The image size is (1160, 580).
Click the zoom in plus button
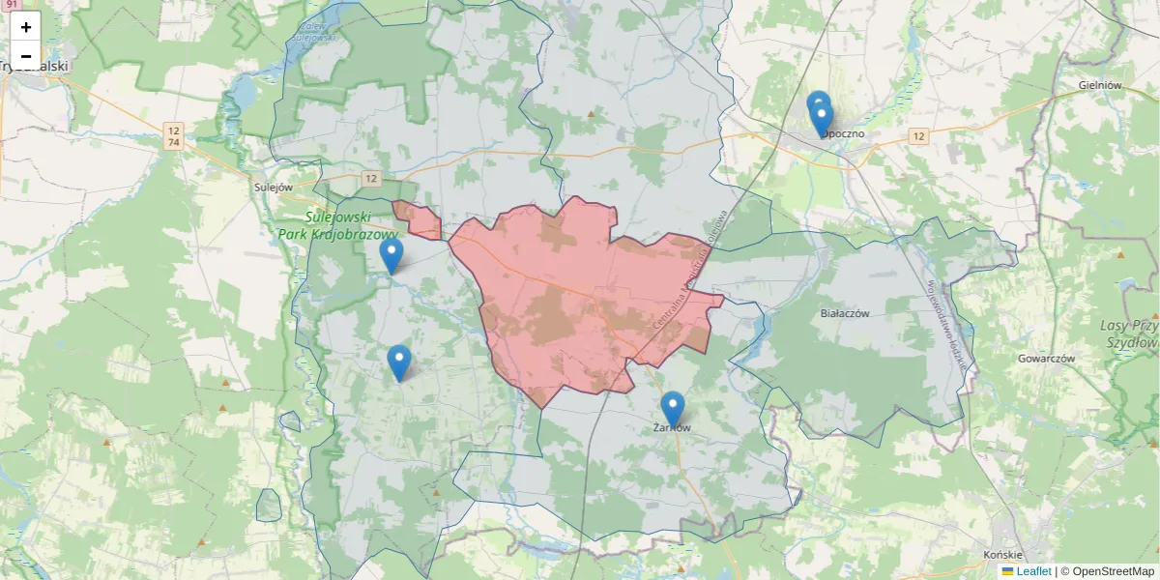point(26,27)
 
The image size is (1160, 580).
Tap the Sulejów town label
point(272,188)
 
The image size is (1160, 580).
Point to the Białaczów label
point(845,313)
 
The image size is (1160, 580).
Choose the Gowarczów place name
point(1046,358)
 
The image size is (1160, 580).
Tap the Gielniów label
point(1099,85)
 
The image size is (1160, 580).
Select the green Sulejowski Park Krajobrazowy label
point(337,226)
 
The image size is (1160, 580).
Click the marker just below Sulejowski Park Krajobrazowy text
point(391,254)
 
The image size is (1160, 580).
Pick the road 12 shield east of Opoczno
point(918,136)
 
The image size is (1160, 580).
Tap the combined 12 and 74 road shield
point(174,136)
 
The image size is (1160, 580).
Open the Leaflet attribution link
point(1033,571)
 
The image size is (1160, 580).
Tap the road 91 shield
point(11,5)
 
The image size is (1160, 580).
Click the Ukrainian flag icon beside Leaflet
point(1007,571)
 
